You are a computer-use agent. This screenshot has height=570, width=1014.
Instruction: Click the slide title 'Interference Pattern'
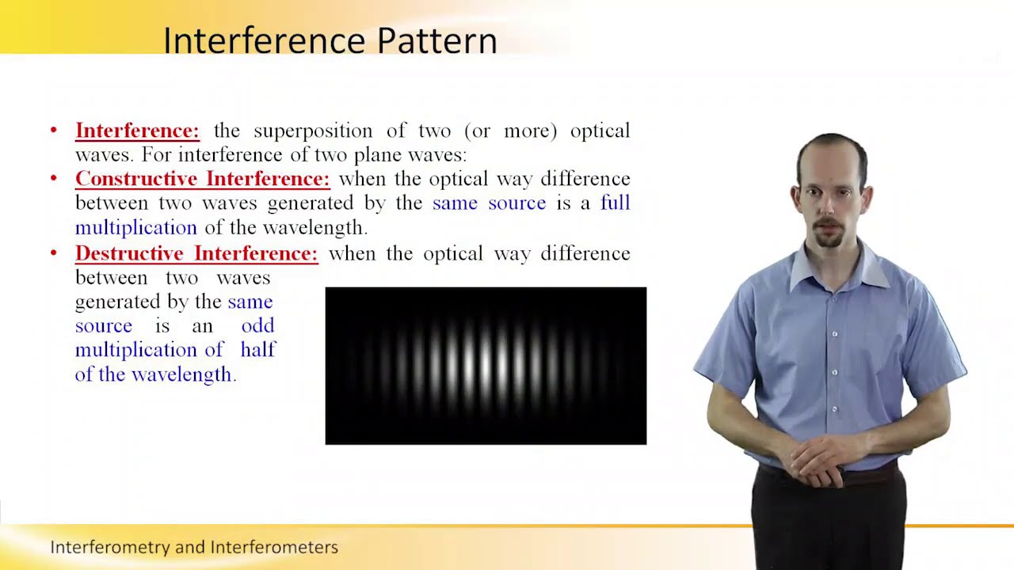pyautogui.click(x=330, y=40)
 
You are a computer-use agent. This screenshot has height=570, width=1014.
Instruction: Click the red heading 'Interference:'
pyautogui.click(x=137, y=131)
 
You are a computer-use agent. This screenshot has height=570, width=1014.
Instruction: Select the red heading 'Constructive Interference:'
pyautogui.click(x=202, y=179)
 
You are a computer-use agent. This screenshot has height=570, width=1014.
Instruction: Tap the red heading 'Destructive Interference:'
pyautogui.click(x=196, y=253)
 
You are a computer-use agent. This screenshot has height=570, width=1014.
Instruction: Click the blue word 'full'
pyautogui.click(x=615, y=203)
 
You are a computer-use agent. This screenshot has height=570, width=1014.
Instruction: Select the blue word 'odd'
pyautogui.click(x=257, y=325)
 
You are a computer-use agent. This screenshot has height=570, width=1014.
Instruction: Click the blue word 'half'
pyautogui.click(x=257, y=350)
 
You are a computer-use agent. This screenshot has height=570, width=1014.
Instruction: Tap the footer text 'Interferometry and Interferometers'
pyautogui.click(x=194, y=547)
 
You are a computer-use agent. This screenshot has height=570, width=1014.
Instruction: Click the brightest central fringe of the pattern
pyautogui.click(x=485, y=364)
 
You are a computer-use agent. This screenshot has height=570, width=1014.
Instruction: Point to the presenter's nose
pyautogui.click(x=828, y=208)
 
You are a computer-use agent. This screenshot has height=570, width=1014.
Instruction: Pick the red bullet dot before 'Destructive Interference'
pyautogui.click(x=54, y=253)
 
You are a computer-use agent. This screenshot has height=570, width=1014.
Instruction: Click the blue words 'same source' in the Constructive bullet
pyautogui.click(x=489, y=203)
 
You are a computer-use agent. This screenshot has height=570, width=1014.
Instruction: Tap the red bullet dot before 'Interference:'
pyautogui.click(x=54, y=131)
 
